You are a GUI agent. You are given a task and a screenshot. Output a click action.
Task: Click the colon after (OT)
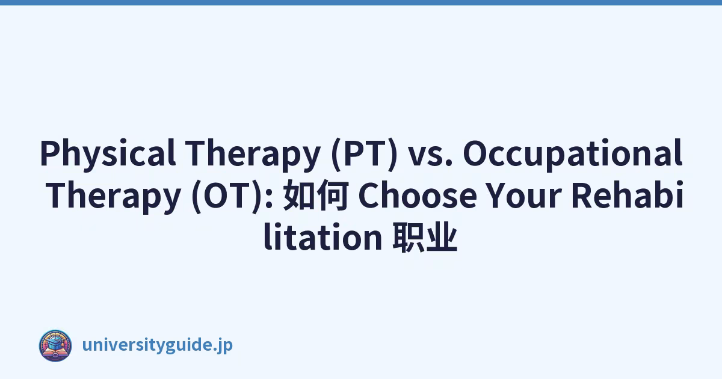click(x=270, y=197)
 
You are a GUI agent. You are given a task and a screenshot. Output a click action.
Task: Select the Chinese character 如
click(x=298, y=196)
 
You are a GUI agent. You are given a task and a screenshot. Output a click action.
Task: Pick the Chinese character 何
click(x=332, y=196)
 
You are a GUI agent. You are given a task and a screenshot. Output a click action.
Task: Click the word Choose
click(x=418, y=195)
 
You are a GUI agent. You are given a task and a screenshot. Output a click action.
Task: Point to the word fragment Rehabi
click(x=627, y=195)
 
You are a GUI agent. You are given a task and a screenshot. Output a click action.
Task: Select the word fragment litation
click(x=323, y=236)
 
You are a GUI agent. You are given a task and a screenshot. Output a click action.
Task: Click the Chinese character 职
click(x=408, y=237)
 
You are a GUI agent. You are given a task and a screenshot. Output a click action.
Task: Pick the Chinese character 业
click(x=442, y=237)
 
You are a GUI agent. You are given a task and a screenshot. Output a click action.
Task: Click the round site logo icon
click(x=55, y=345)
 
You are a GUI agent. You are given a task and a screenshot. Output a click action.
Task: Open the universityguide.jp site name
click(x=157, y=345)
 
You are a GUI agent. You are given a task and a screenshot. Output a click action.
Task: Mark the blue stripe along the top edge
click(x=361, y=2)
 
